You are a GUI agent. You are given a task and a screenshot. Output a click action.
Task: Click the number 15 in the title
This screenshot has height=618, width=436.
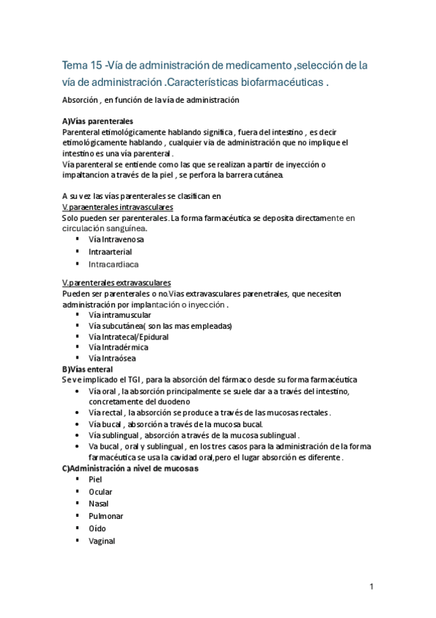tap(97, 66)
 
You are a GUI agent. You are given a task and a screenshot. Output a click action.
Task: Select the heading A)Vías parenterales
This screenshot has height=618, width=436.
tap(97, 121)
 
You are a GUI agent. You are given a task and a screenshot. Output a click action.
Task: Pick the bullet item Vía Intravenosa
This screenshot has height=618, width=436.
tap(116, 239)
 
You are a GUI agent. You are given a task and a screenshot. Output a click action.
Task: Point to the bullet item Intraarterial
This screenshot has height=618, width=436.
tap(110, 251)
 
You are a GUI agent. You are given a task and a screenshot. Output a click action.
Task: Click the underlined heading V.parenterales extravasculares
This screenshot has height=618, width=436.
tap(117, 282)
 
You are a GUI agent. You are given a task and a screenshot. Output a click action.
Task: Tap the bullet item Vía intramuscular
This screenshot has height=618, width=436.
tap(119, 315)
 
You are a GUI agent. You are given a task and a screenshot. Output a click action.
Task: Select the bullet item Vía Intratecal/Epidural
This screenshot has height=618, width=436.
tap(128, 337)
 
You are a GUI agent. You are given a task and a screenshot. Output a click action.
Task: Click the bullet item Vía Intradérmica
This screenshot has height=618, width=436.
tap(118, 348)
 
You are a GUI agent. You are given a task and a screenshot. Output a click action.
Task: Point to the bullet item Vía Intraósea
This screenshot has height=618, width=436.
tap(112, 359)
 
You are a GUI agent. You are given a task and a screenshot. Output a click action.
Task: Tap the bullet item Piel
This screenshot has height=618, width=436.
tap(95, 480)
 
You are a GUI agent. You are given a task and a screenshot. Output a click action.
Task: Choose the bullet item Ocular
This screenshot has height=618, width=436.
tap(100, 492)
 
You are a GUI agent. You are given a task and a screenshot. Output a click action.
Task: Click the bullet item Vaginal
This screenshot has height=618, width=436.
tap(101, 541)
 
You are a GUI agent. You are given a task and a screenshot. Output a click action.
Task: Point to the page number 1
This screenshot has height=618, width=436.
tap(371, 587)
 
